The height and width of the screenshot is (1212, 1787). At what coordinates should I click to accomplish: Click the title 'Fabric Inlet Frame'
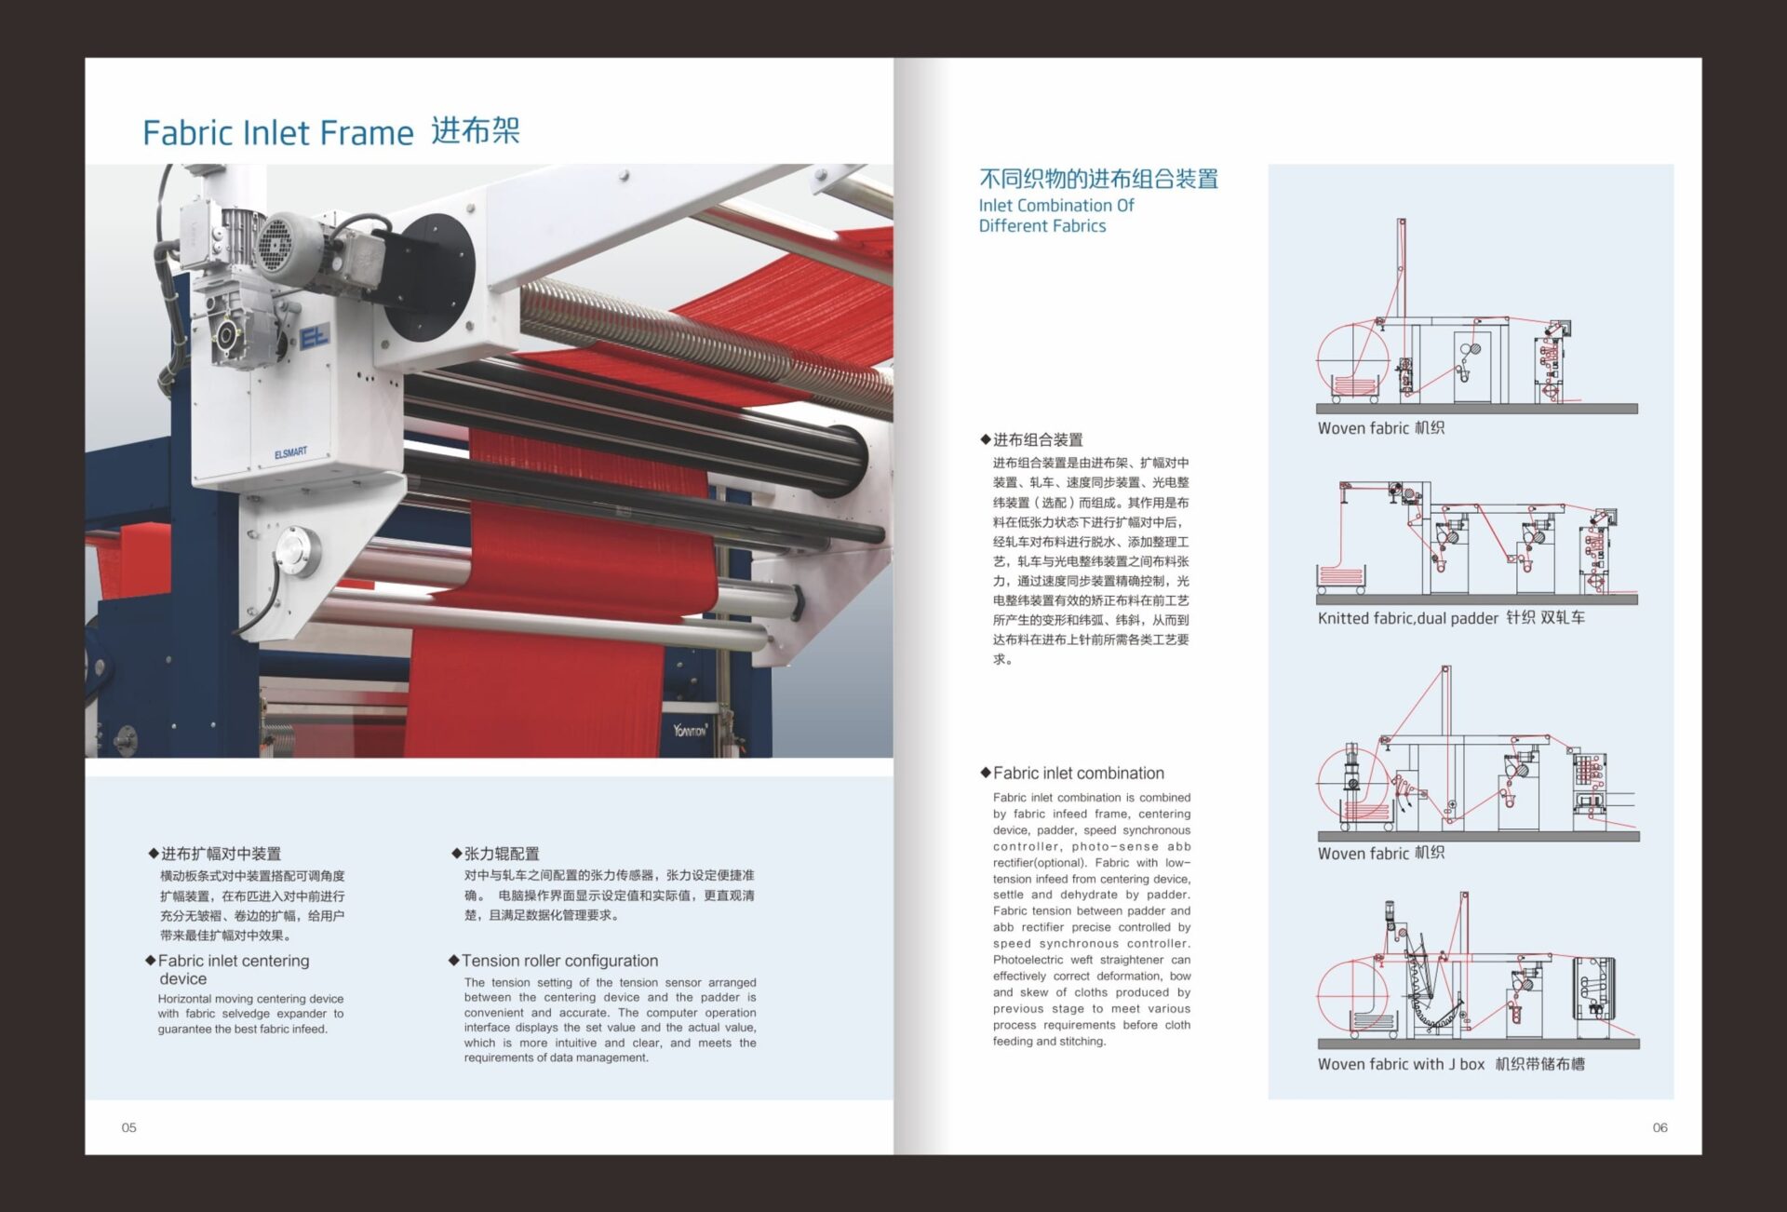click(277, 133)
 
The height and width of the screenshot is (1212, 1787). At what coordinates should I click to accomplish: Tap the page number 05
click(128, 1127)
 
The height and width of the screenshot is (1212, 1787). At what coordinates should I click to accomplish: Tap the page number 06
click(1659, 1127)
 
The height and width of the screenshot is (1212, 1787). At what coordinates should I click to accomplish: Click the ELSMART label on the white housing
click(290, 453)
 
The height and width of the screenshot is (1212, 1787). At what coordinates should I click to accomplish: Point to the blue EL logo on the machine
click(315, 337)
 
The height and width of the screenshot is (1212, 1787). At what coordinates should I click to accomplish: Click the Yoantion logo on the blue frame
click(690, 730)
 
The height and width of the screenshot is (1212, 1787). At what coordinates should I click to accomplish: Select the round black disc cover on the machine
click(429, 276)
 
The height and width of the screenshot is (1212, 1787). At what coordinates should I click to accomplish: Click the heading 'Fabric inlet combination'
click(1078, 773)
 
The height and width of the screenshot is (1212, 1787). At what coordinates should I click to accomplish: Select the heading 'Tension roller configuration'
click(559, 961)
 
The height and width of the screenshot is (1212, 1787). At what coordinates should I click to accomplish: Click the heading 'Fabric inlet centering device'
click(233, 969)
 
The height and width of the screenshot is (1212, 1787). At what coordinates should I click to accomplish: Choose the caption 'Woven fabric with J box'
click(1401, 1064)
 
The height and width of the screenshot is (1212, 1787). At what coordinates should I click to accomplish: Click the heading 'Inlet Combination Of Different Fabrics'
click(1055, 215)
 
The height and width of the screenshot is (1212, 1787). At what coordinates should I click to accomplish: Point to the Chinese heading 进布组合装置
click(1038, 439)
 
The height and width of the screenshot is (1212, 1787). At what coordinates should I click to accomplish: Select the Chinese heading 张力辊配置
click(502, 854)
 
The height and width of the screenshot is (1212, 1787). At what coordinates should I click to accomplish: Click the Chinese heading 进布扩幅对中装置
click(221, 854)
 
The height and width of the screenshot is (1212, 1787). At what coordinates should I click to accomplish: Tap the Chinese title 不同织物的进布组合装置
click(1098, 179)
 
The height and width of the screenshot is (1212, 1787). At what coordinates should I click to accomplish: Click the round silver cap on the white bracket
click(297, 550)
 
